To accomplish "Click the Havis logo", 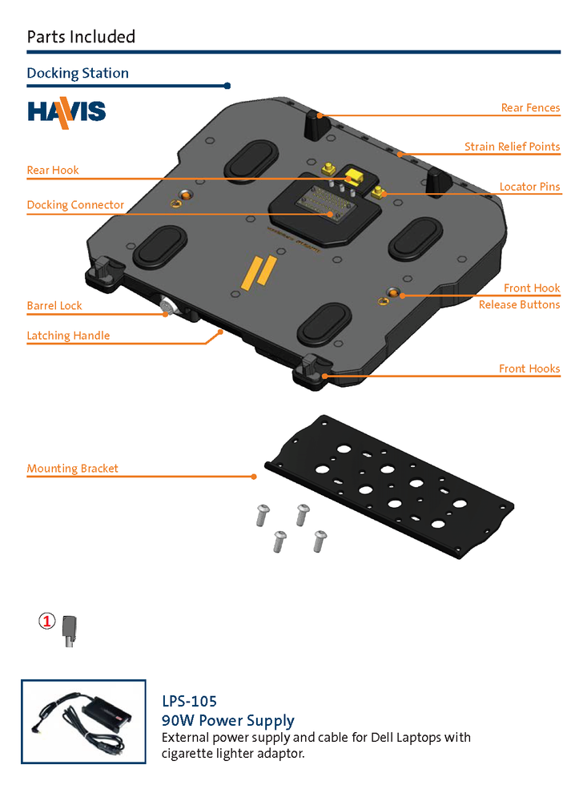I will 66,111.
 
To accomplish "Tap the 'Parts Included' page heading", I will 81,37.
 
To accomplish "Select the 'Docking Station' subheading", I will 78,74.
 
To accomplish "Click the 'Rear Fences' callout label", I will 530,108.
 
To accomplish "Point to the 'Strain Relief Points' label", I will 512,147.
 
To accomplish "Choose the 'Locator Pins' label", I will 529,187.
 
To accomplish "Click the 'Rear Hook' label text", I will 53,171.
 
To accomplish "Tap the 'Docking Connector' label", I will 75,205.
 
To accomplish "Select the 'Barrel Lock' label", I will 54,306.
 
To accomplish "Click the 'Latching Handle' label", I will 68,336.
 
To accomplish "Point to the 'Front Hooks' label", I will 529,369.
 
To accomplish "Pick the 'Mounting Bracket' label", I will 72,469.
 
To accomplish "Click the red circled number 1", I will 47,621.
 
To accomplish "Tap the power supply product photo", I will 83,721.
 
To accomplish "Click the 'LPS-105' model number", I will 189,702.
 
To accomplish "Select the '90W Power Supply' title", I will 227,720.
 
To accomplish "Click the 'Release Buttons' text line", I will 519,305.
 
